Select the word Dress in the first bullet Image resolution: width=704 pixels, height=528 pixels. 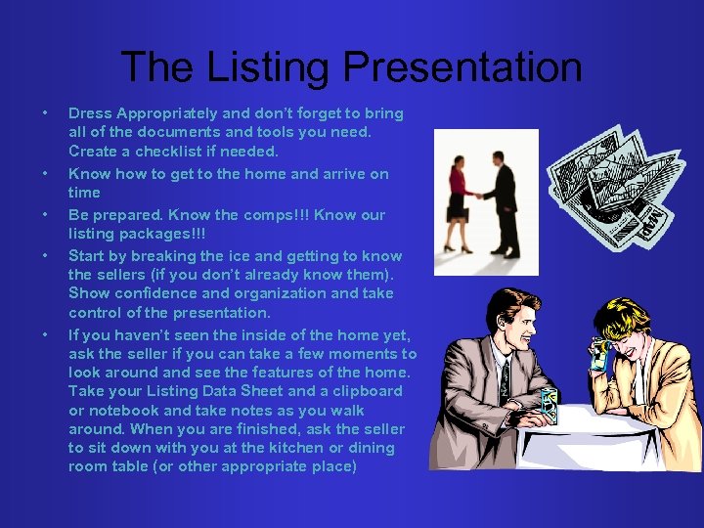[90, 113]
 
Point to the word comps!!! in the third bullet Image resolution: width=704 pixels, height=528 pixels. [252, 215]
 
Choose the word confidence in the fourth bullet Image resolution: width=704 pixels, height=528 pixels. [157, 293]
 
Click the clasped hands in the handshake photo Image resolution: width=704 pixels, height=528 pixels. [479, 194]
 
